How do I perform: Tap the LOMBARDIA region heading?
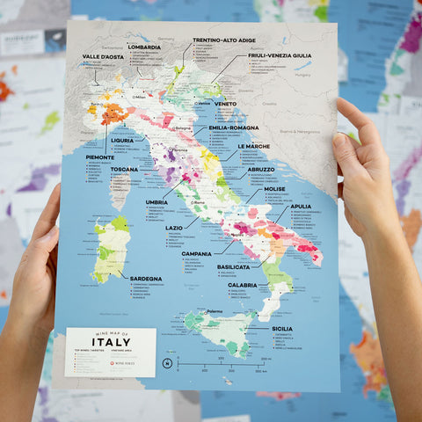click(x=143, y=47)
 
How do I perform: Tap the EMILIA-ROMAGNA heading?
click(x=233, y=127)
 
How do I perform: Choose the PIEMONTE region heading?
click(x=99, y=157)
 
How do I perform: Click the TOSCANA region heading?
click(x=124, y=170)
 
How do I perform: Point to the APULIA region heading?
click(x=301, y=206)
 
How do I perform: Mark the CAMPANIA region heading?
click(x=197, y=253)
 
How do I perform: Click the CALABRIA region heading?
click(x=242, y=285)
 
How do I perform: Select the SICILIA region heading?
click(x=281, y=328)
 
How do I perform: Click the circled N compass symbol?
click(x=167, y=362)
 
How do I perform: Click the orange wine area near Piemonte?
click(x=114, y=113)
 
